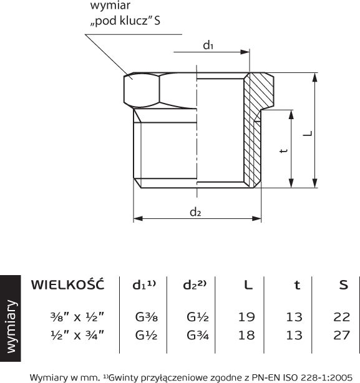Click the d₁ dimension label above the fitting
208,45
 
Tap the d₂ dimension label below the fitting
195,212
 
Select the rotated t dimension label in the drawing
283,150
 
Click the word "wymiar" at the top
110,6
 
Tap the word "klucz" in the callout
134,21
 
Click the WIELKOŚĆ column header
67,284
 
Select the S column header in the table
343,285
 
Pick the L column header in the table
248,285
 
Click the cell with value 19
246,317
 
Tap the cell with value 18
246,335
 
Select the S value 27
342,335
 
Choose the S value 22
342,317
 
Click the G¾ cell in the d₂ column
198,335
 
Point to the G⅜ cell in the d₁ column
146,317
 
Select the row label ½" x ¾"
77,335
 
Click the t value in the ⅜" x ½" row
294,317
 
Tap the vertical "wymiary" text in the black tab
11,327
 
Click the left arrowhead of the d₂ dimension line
138,218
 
